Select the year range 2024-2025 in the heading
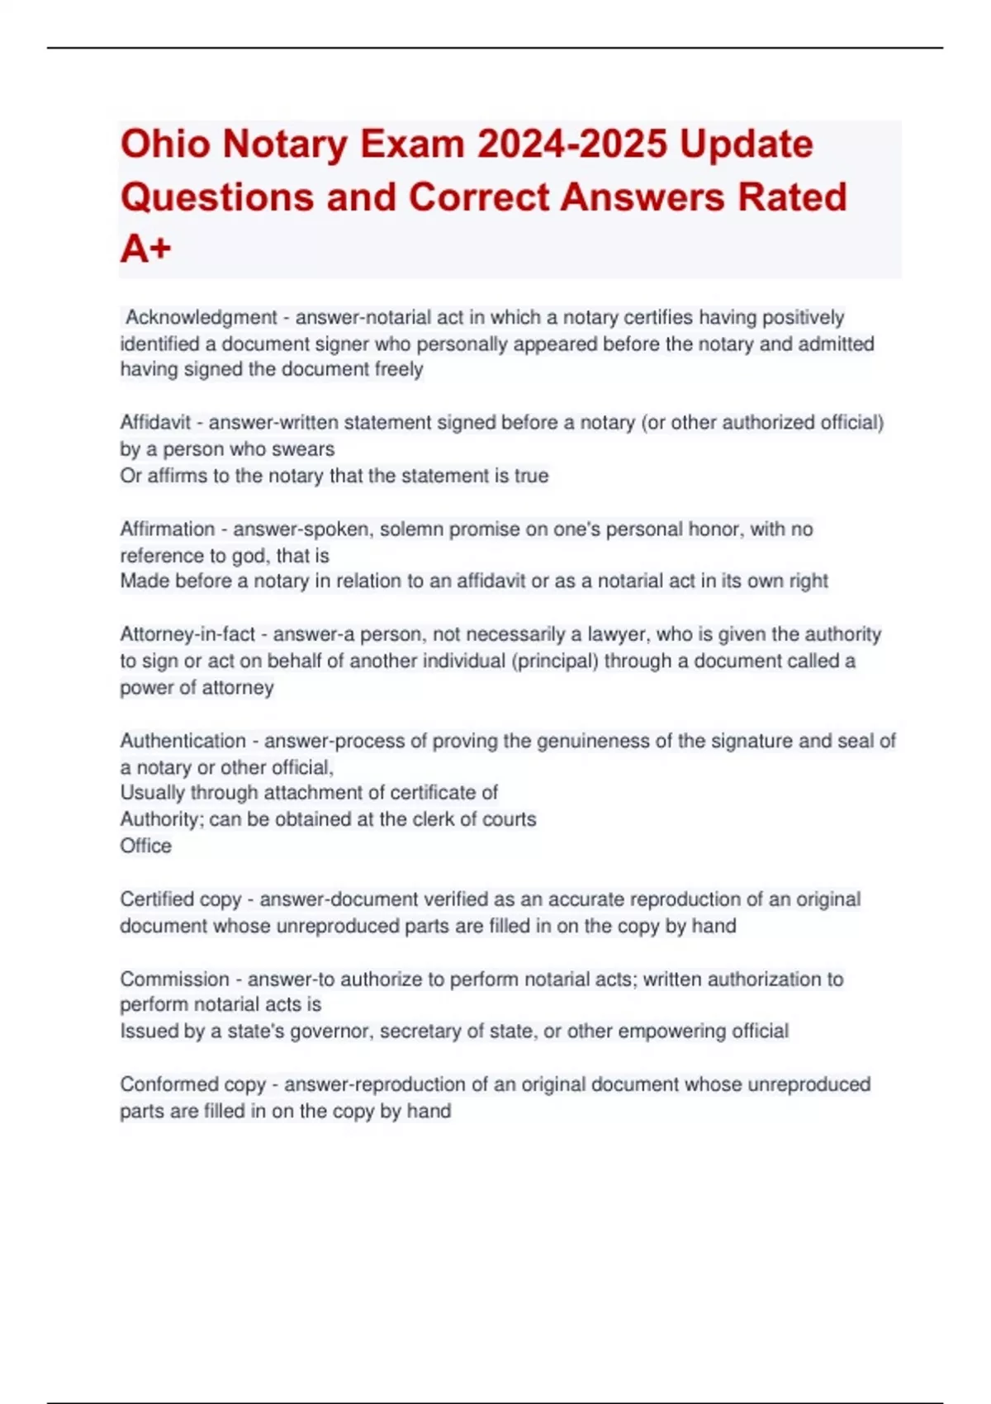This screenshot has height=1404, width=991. click(x=572, y=145)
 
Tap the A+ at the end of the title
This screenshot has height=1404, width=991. click(x=145, y=249)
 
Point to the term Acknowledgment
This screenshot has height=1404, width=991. click(x=201, y=318)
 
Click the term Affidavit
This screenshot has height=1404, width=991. click(x=155, y=423)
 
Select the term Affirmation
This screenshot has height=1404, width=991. click(x=167, y=529)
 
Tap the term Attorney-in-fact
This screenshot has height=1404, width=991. click(x=187, y=635)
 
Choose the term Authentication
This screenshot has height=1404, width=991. click(x=183, y=741)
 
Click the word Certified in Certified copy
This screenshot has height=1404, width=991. click(x=154, y=899)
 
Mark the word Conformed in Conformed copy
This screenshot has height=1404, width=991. click(x=163, y=1084)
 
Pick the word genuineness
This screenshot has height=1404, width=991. click(x=592, y=741)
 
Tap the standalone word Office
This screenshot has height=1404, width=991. click(x=145, y=847)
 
